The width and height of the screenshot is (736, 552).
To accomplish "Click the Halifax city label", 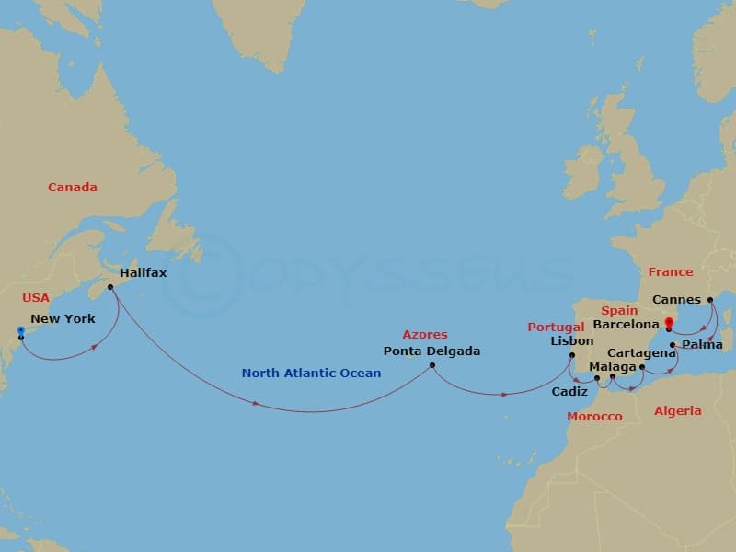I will tap(143, 273).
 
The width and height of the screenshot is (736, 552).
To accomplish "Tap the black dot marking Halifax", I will tap(110, 287).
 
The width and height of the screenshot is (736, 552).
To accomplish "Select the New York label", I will tap(63, 319).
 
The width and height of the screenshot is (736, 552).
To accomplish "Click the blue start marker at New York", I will tap(20, 329).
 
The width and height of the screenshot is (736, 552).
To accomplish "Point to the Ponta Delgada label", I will tap(431, 351).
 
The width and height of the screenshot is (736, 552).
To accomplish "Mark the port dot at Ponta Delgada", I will tap(431, 366).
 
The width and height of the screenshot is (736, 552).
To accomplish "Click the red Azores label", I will tap(424, 335).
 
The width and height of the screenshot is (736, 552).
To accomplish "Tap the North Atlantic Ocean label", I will tap(311, 374).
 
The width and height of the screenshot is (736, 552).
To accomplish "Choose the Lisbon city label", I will tap(571, 340).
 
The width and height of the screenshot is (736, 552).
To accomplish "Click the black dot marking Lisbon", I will tap(572, 355).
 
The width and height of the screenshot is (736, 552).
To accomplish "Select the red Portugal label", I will tap(555, 327).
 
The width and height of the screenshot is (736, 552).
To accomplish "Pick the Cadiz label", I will tap(569, 392).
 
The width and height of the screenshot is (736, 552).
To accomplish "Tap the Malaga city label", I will tap(612, 367).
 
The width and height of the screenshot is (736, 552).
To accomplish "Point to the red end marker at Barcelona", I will tap(669, 322).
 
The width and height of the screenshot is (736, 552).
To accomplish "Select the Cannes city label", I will tap(675, 300).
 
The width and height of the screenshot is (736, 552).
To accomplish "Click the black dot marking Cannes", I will tap(710, 299).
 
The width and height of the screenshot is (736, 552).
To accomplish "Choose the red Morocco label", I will tap(594, 417).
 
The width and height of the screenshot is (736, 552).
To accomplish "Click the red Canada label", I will tap(73, 188).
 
